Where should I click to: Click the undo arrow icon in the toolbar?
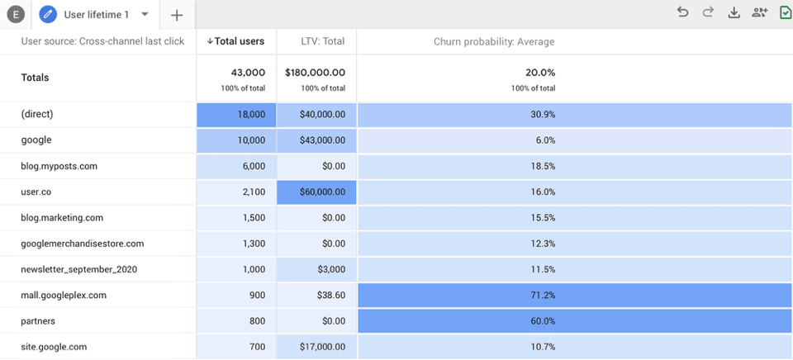click(x=682, y=12)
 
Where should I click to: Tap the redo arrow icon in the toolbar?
click(x=708, y=12)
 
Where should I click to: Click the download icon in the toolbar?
click(x=734, y=12)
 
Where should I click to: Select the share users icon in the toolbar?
click(x=759, y=12)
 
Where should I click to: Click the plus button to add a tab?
click(x=177, y=15)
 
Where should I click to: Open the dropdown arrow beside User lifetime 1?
click(x=145, y=14)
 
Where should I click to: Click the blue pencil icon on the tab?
click(x=48, y=14)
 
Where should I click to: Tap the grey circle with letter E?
click(x=15, y=15)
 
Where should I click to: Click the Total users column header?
click(x=236, y=41)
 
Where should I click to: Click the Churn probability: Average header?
click(x=494, y=41)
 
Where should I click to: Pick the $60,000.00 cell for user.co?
click(x=316, y=192)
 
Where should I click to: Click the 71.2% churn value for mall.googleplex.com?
click(x=543, y=295)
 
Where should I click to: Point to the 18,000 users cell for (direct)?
click(x=236, y=115)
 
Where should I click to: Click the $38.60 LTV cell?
click(x=316, y=295)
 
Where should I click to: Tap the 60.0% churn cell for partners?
click(x=543, y=320)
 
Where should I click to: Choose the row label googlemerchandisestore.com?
click(x=83, y=244)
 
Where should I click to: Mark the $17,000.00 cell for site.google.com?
click(x=316, y=347)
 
